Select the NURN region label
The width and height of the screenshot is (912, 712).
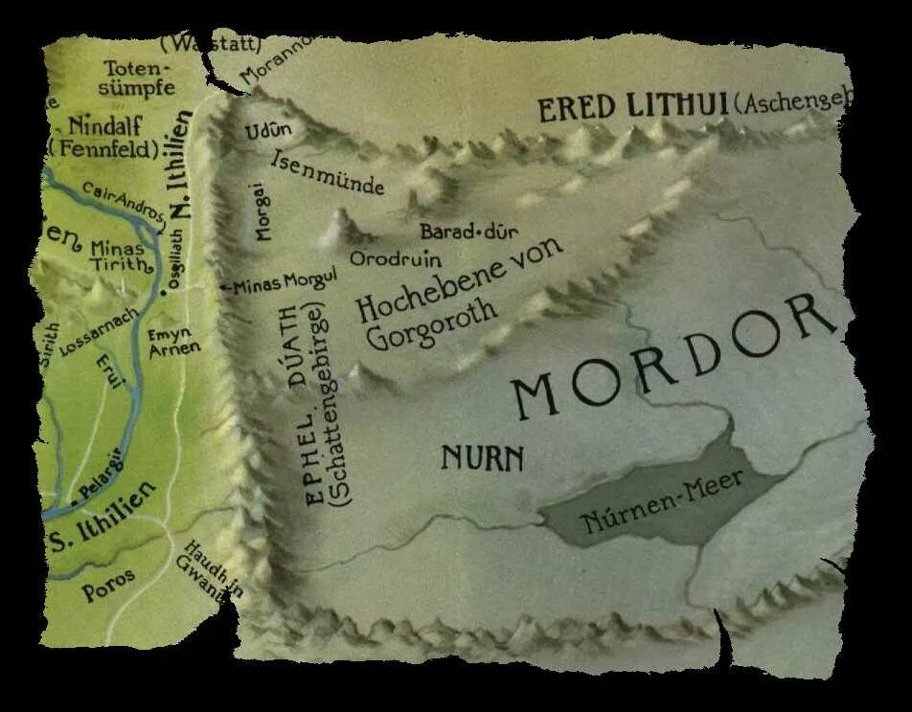[x=482, y=458]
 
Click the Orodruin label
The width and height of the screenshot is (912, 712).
[x=381, y=258]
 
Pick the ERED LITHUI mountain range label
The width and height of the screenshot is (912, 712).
[x=633, y=107]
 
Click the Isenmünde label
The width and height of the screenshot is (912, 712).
[x=329, y=172]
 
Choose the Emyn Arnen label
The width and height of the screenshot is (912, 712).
[x=173, y=342]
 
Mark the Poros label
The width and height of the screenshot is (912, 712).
[x=108, y=585]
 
